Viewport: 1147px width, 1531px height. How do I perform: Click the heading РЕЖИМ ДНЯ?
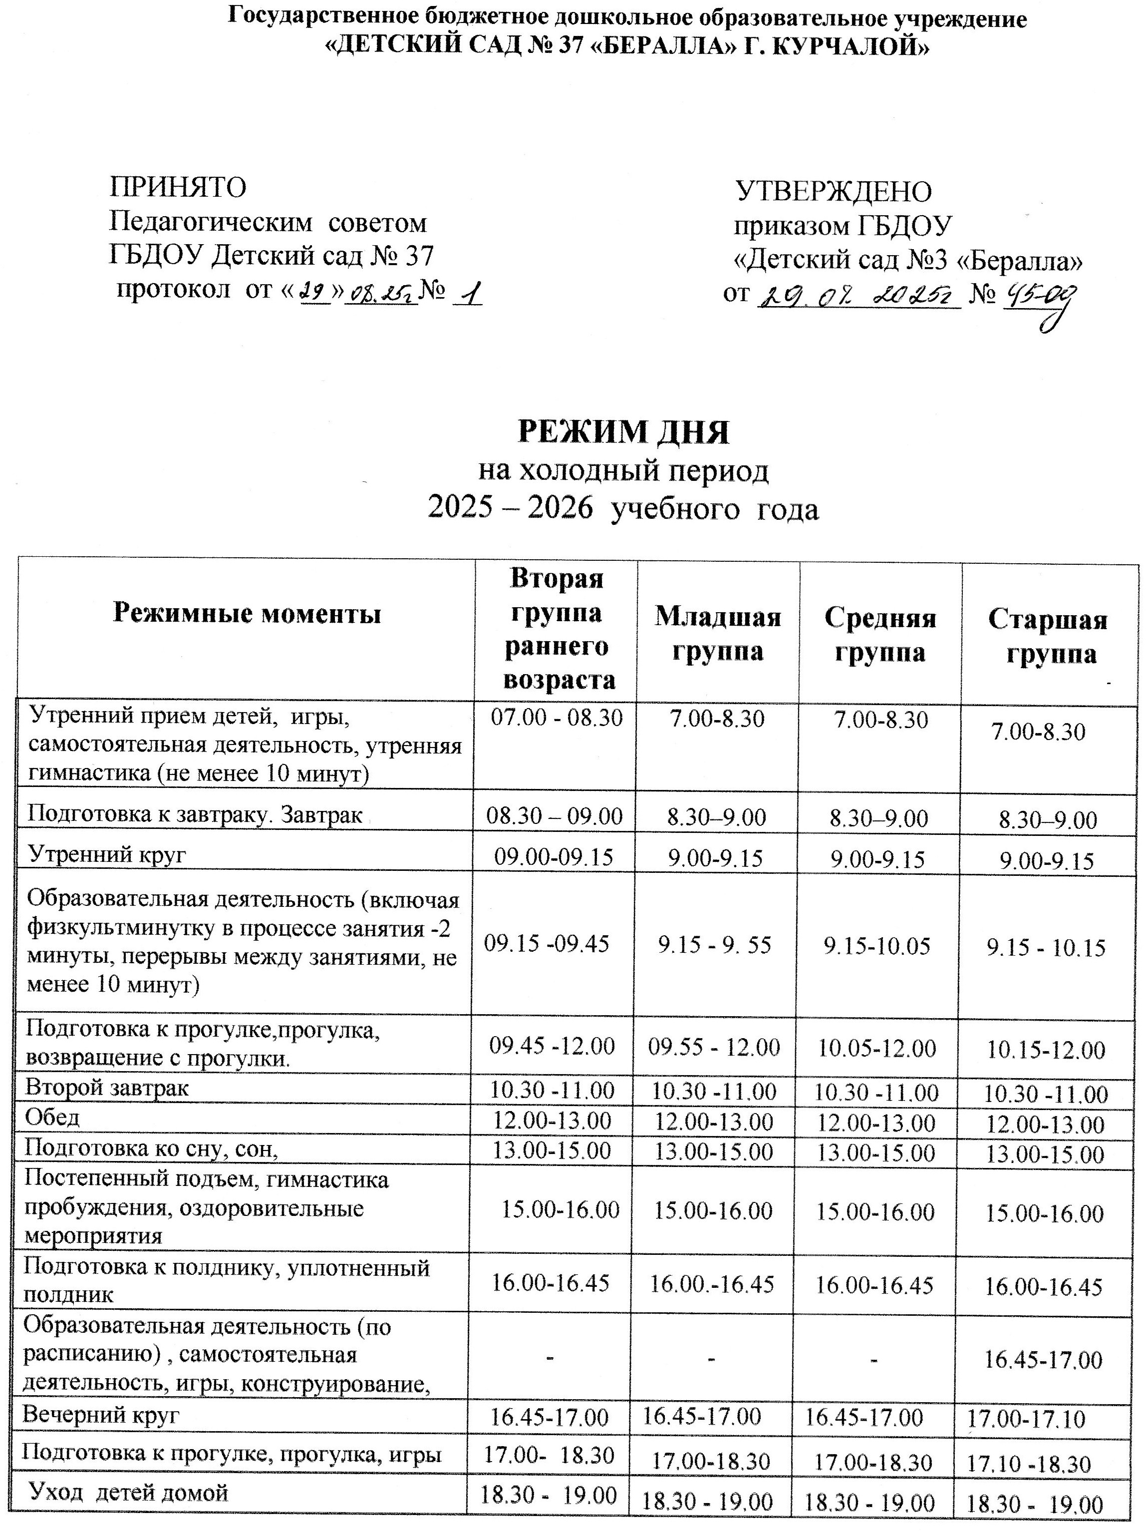tap(623, 432)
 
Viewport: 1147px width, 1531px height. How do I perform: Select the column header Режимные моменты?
tap(247, 613)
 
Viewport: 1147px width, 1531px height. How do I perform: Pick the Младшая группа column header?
tap(717, 633)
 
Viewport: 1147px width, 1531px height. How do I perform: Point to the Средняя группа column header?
tap(880, 635)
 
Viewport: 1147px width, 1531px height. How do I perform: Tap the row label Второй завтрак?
tap(107, 1088)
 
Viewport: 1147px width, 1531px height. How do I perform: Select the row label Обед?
tap(52, 1117)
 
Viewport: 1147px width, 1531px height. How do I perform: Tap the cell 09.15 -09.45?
tap(547, 943)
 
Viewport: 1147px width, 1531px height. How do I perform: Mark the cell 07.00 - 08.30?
tap(557, 718)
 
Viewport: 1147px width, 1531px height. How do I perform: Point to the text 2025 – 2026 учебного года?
tap(623, 509)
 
